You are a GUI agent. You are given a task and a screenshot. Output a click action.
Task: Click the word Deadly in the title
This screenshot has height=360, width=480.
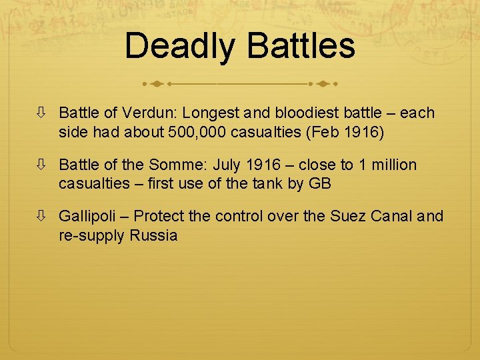[x=179, y=47]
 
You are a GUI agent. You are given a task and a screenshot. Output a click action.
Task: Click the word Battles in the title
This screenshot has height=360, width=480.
[x=301, y=47]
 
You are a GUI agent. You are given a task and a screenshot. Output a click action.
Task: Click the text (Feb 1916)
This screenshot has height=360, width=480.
[x=345, y=132]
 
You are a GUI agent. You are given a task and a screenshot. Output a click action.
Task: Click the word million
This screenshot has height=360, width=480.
[x=393, y=165]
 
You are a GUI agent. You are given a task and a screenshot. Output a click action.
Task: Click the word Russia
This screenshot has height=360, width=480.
[x=154, y=235]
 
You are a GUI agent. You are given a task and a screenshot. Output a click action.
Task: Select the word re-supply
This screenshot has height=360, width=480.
[x=92, y=235]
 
